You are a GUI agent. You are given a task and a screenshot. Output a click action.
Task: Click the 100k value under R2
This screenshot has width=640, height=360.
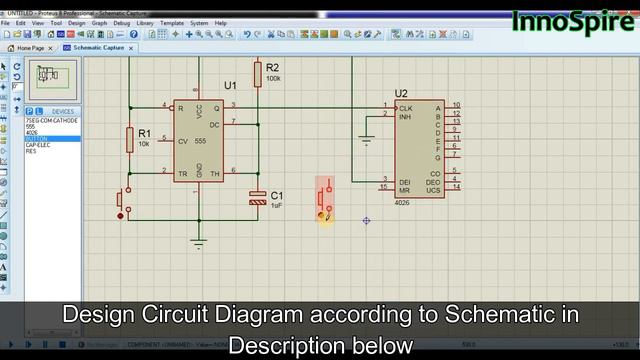point(273,77)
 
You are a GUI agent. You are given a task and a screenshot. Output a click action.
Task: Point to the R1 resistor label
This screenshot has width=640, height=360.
point(144,133)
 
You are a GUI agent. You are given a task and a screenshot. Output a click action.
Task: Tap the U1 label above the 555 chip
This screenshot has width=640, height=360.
point(230,84)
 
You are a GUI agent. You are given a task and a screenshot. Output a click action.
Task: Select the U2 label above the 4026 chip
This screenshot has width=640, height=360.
point(401,93)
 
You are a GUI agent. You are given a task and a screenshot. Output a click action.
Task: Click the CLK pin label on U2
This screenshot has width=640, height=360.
point(405,108)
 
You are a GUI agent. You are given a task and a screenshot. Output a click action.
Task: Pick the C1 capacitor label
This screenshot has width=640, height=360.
point(277,194)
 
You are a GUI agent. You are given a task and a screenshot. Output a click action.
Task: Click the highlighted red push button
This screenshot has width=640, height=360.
point(325,200)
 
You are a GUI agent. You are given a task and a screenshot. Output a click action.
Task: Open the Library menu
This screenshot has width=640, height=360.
point(146,22)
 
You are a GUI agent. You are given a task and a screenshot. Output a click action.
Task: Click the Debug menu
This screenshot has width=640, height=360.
point(121,22)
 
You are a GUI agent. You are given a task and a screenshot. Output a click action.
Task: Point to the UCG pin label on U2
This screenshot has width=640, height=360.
point(432,189)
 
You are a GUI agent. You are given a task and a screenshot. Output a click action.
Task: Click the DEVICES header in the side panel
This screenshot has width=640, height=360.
point(62,111)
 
